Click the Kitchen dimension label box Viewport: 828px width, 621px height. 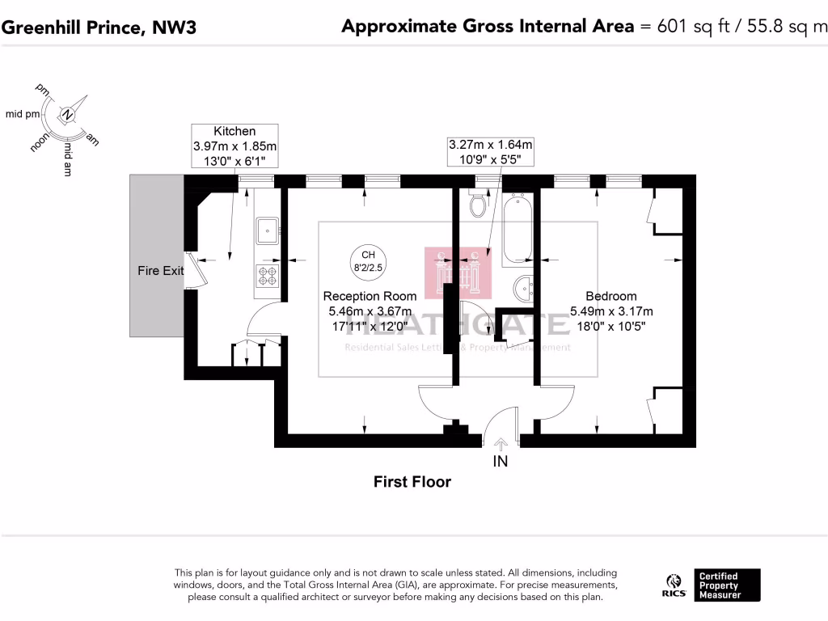[x=234, y=146]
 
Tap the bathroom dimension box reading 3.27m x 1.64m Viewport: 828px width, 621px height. [x=491, y=152]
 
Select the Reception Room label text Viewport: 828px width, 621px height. [x=370, y=296]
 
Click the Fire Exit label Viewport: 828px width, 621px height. [x=160, y=271]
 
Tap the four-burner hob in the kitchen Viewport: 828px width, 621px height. [x=267, y=277]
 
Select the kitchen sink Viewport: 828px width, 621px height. [x=267, y=232]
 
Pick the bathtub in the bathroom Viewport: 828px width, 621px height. [x=515, y=229]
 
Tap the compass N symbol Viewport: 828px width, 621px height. [x=69, y=116]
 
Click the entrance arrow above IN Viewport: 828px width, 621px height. [x=501, y=443]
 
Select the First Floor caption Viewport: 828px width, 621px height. [x=412, y=482]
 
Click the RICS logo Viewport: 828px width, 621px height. [x=675, y=585]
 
